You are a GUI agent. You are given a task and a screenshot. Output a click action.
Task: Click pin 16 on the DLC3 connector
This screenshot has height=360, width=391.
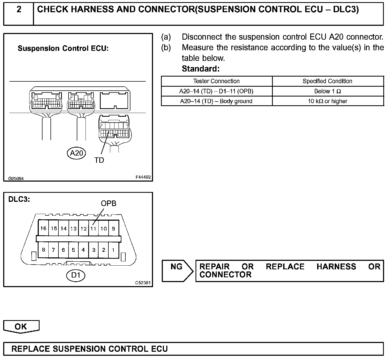43,228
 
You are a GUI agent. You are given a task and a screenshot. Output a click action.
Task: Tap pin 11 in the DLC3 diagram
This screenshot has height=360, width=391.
93,228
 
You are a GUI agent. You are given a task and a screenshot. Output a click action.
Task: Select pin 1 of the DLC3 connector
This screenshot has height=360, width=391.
113,250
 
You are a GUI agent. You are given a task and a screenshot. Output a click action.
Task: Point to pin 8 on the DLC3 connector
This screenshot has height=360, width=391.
43,250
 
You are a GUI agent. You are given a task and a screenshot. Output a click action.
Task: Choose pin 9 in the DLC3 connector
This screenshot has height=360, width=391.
113,228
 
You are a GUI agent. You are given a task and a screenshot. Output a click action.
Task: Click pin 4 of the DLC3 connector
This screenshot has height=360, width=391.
83,250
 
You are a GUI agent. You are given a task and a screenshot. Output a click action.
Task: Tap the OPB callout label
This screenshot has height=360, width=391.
108,203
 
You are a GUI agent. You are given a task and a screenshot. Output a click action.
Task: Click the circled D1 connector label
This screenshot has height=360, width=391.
76,275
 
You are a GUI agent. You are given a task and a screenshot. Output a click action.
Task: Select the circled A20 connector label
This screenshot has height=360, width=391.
76,153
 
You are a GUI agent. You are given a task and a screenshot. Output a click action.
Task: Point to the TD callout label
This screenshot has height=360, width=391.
99,160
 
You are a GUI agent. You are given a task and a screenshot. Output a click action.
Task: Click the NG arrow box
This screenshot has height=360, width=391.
177,270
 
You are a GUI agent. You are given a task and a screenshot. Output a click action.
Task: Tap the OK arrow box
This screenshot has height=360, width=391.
21,326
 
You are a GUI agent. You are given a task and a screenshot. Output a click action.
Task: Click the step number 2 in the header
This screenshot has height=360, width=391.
19,10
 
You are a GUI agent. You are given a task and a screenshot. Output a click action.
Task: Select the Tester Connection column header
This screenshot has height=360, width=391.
216,81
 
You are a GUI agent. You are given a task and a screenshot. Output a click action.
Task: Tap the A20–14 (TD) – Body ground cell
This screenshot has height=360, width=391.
216,101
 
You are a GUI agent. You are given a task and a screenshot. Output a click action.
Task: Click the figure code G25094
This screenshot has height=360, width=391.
16,178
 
